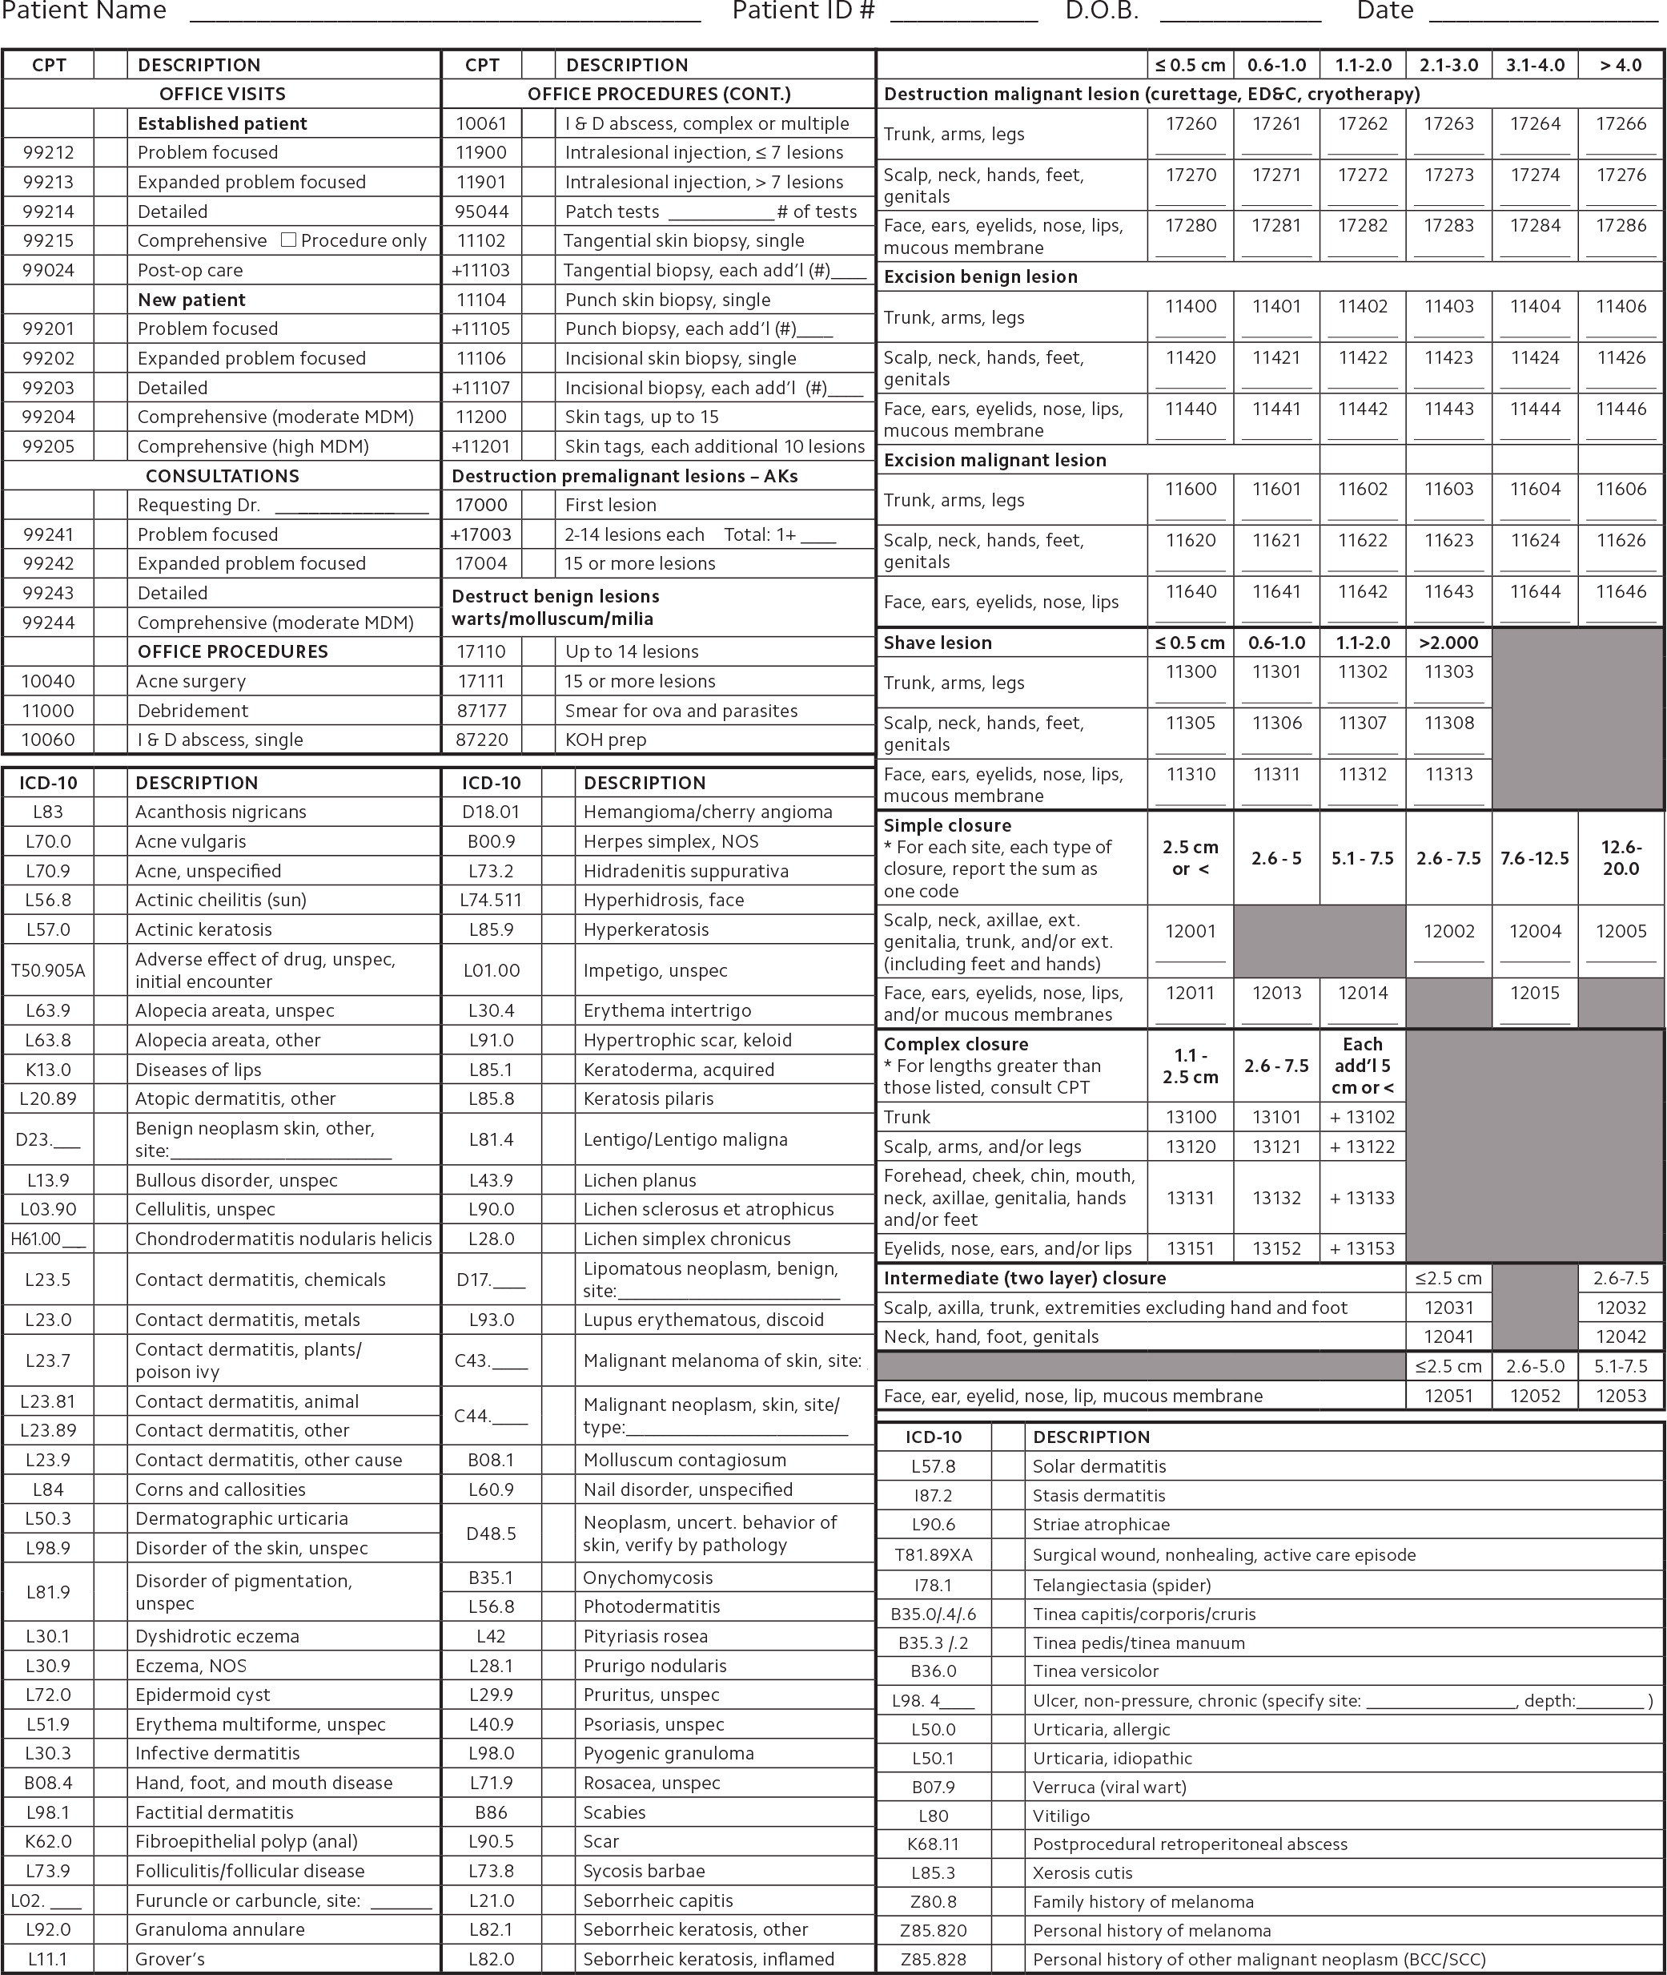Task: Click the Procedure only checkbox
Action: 289,240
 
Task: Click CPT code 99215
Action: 48,241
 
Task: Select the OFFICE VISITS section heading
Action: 222,94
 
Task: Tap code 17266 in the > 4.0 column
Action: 1621,124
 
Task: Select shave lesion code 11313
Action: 1448,774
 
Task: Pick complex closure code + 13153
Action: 1362,1248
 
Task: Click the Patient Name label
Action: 83,11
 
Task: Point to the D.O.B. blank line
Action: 1240,17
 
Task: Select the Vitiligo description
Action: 1061,1816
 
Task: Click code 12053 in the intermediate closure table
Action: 1621,1396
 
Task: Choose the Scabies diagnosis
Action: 614,1812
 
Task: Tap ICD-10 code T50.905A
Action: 48,970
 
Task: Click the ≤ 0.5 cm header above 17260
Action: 1190,65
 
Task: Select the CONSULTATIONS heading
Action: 222,476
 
